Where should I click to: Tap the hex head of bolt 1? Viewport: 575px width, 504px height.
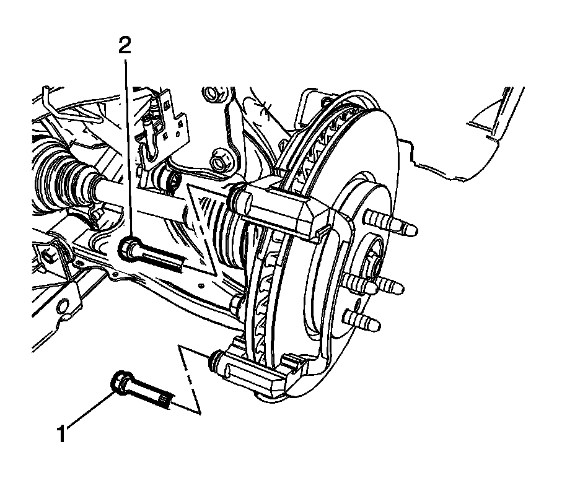tap(120, 382)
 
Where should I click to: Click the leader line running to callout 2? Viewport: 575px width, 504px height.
tap(127, 142)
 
